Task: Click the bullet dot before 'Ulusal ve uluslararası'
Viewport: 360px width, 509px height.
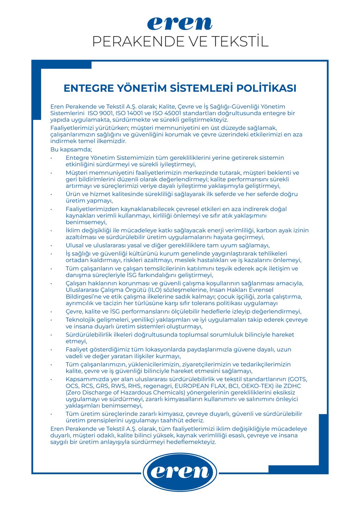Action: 51,245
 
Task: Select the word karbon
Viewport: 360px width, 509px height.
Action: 265,230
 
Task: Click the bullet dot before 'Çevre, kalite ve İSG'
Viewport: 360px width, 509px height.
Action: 51,311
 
